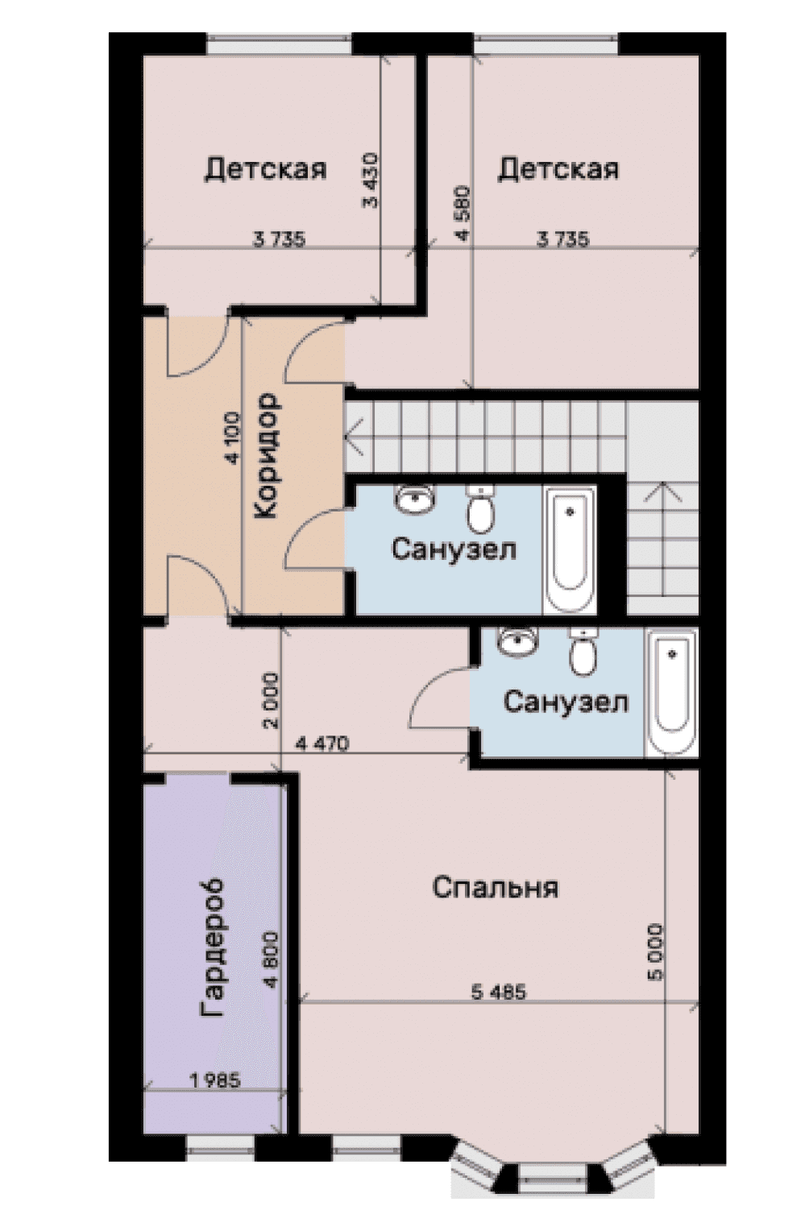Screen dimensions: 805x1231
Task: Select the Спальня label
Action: click(495, 888)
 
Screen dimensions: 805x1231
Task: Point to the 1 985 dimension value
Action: click(215, 1081)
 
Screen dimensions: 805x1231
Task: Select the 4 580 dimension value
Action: click(463, 213)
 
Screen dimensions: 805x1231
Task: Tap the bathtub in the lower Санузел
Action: click(671, 693)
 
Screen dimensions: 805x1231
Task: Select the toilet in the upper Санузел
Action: click(480, 508)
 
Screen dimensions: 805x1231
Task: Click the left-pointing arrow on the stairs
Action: click(354, 437)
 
